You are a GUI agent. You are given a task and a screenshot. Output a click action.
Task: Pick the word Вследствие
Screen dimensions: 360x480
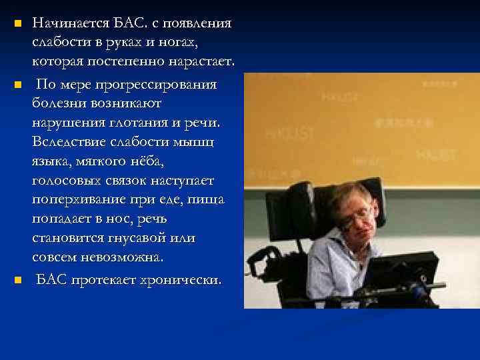point(69,142)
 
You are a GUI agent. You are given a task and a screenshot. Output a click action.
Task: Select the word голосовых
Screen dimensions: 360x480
point(63,180)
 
